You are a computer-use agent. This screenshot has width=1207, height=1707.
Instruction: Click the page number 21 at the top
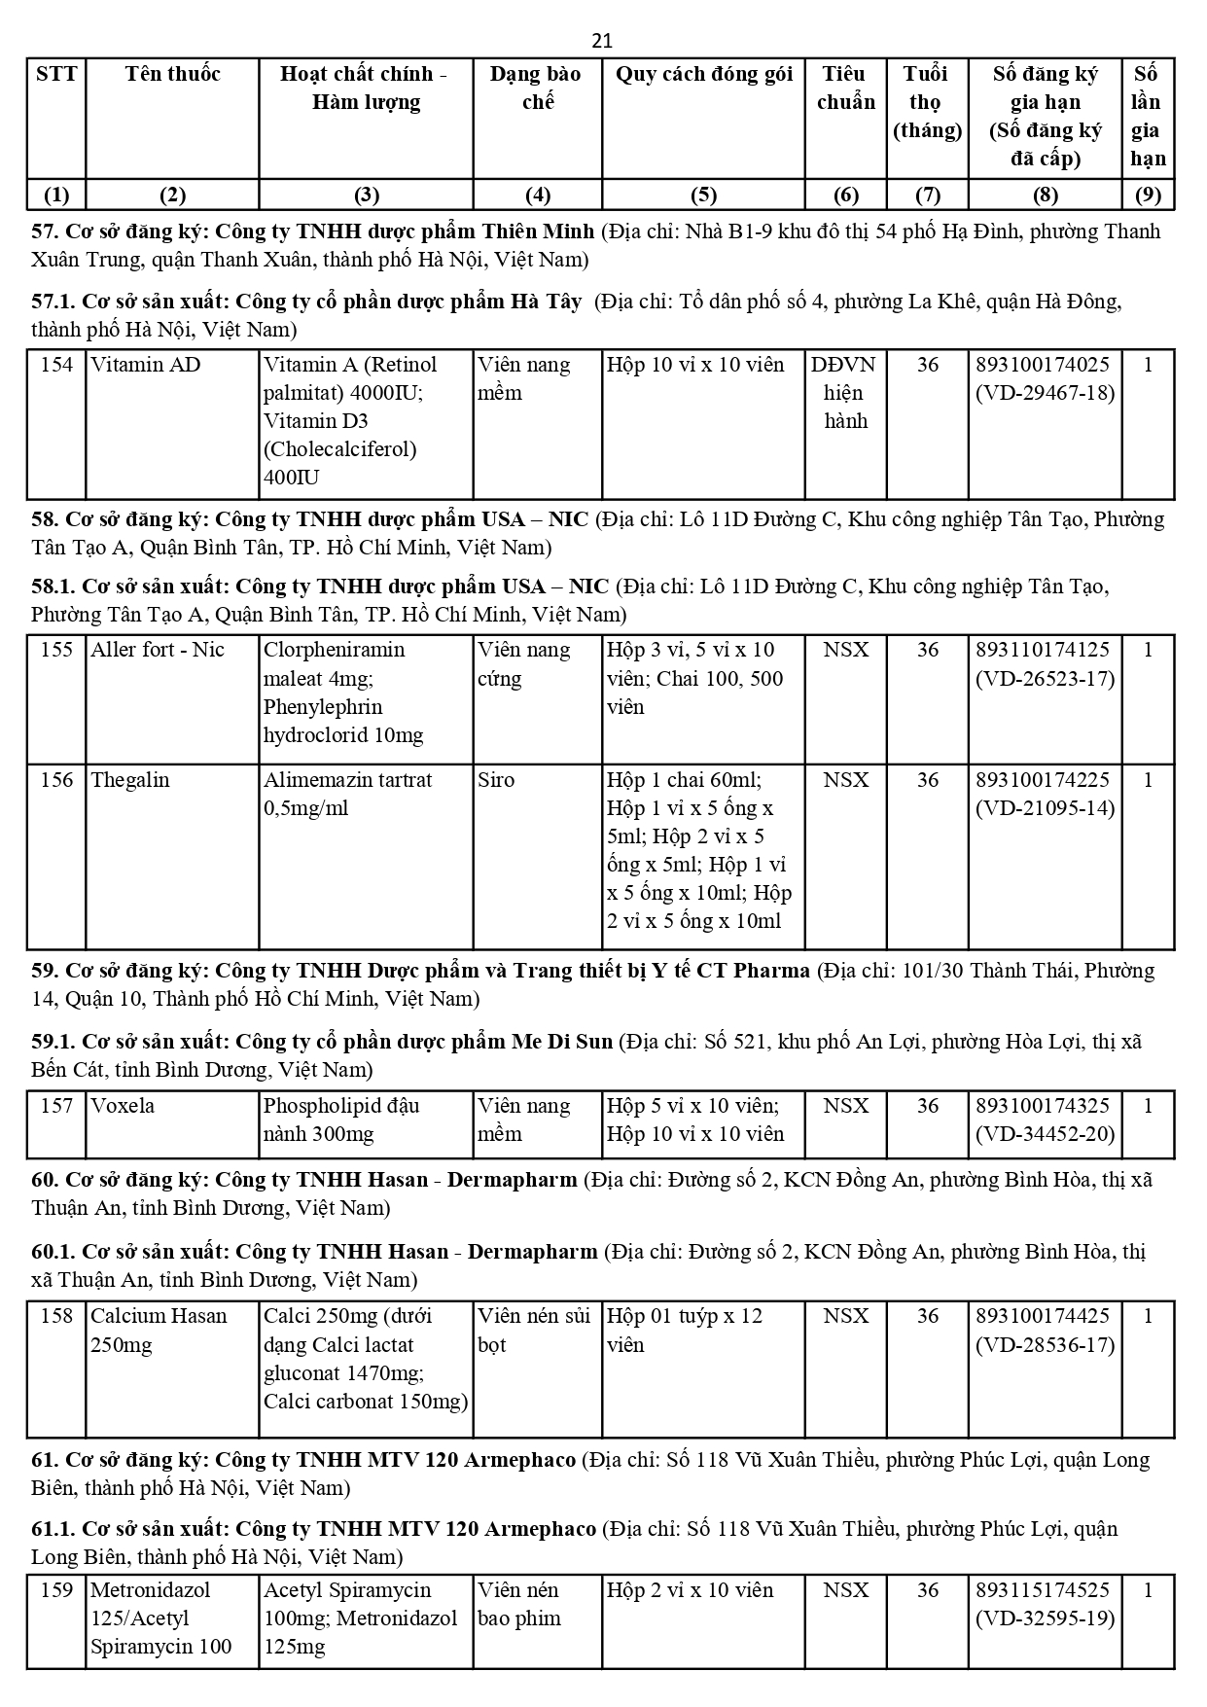602,41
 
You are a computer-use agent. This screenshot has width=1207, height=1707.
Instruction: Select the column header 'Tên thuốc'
172,74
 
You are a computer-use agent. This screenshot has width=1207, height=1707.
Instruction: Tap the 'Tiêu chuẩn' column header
845,88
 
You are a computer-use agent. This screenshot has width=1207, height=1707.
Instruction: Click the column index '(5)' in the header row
703,195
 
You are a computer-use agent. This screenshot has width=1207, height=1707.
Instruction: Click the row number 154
56,365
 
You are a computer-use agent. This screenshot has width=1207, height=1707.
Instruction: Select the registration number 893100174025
1043,365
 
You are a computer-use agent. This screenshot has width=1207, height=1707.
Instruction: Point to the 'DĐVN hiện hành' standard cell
844,393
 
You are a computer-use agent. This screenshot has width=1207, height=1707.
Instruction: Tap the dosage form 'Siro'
496,780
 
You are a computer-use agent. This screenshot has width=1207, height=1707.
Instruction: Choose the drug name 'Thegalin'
129,780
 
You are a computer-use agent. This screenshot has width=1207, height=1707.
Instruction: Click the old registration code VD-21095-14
1045,808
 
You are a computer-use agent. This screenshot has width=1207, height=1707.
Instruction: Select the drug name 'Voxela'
123,1106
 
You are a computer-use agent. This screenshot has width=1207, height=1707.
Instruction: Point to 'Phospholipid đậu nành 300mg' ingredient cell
340,1120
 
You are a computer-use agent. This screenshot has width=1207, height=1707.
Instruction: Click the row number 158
56,1316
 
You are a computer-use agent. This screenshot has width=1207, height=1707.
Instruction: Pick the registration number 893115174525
1043,1590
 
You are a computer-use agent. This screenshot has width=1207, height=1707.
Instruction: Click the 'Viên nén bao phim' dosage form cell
519,1604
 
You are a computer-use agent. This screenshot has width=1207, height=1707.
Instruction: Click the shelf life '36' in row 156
927,780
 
